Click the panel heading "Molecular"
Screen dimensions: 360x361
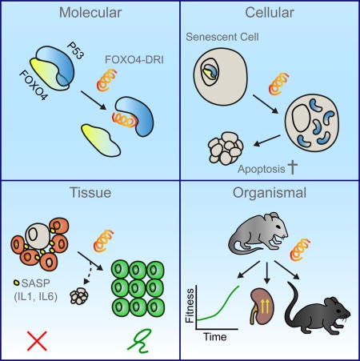90,13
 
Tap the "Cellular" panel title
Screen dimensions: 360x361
270,13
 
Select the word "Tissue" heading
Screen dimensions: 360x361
90,192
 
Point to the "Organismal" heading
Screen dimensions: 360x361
270,193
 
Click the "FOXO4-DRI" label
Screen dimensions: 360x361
134,59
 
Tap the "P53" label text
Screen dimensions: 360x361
75,50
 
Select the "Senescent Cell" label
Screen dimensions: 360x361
222,37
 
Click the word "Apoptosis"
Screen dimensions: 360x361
262,169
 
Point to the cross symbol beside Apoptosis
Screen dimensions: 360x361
293,168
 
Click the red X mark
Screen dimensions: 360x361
37,341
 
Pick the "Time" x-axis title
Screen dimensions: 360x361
215,337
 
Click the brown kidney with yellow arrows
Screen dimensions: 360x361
262,307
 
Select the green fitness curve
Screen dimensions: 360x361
218,303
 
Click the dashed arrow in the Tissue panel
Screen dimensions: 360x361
88,273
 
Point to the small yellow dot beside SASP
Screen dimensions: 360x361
16,282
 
